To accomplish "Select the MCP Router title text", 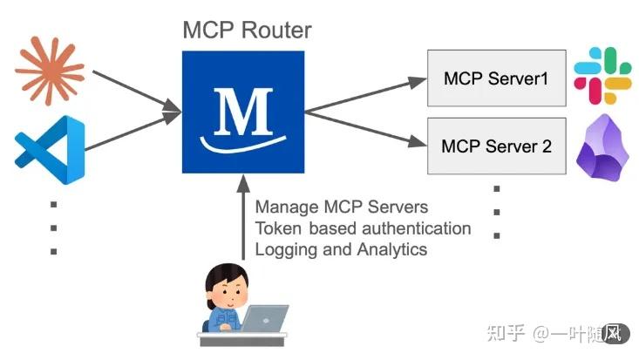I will [x=247, y=30].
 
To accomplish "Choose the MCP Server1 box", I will [x=495, y=78].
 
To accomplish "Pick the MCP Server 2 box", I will [x=495, y=145].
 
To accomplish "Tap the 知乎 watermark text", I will [x=505, y=333].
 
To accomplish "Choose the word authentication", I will [x=419, y=228].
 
